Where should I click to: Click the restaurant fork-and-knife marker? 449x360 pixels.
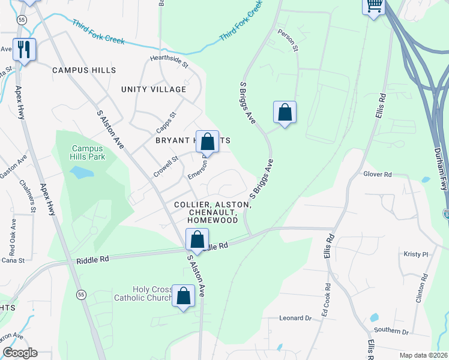[x=24, y=50]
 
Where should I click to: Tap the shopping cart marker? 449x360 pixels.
[x=374, y=7]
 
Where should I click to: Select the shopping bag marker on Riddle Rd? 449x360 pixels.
[x=197, y=240]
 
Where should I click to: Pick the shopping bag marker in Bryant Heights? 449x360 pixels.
[x=207, y=143]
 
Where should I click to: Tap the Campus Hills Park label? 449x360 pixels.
[x=88, y=152]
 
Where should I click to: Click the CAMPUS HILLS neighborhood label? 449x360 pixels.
[x=84, y=70]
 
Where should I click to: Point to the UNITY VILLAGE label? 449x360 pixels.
[x=154, y=89]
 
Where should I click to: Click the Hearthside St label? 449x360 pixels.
[x=169, y=61]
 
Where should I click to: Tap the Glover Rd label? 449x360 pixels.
[x=377, y=174]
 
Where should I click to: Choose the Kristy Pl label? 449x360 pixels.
[x=416, y=254]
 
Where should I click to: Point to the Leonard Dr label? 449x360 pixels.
[x=295, y=318]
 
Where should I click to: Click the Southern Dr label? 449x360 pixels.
[x=391, y=331]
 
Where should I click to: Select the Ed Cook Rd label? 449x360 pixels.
[x=326, y=300]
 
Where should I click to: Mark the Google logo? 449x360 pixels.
[x=20, y=353]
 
